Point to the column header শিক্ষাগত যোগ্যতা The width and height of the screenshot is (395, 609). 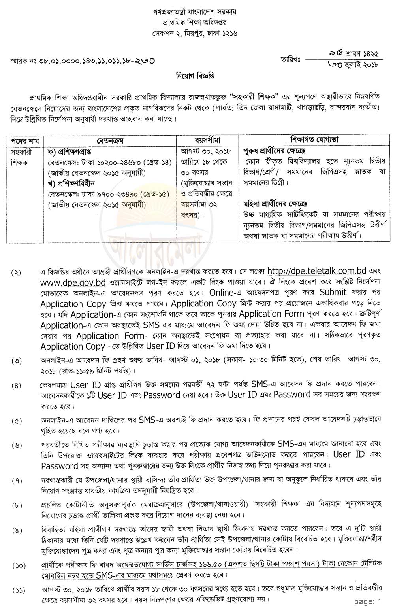[314, 140]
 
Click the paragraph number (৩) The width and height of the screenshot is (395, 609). [17, 361]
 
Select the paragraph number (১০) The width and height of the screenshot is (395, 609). [18, 566]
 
